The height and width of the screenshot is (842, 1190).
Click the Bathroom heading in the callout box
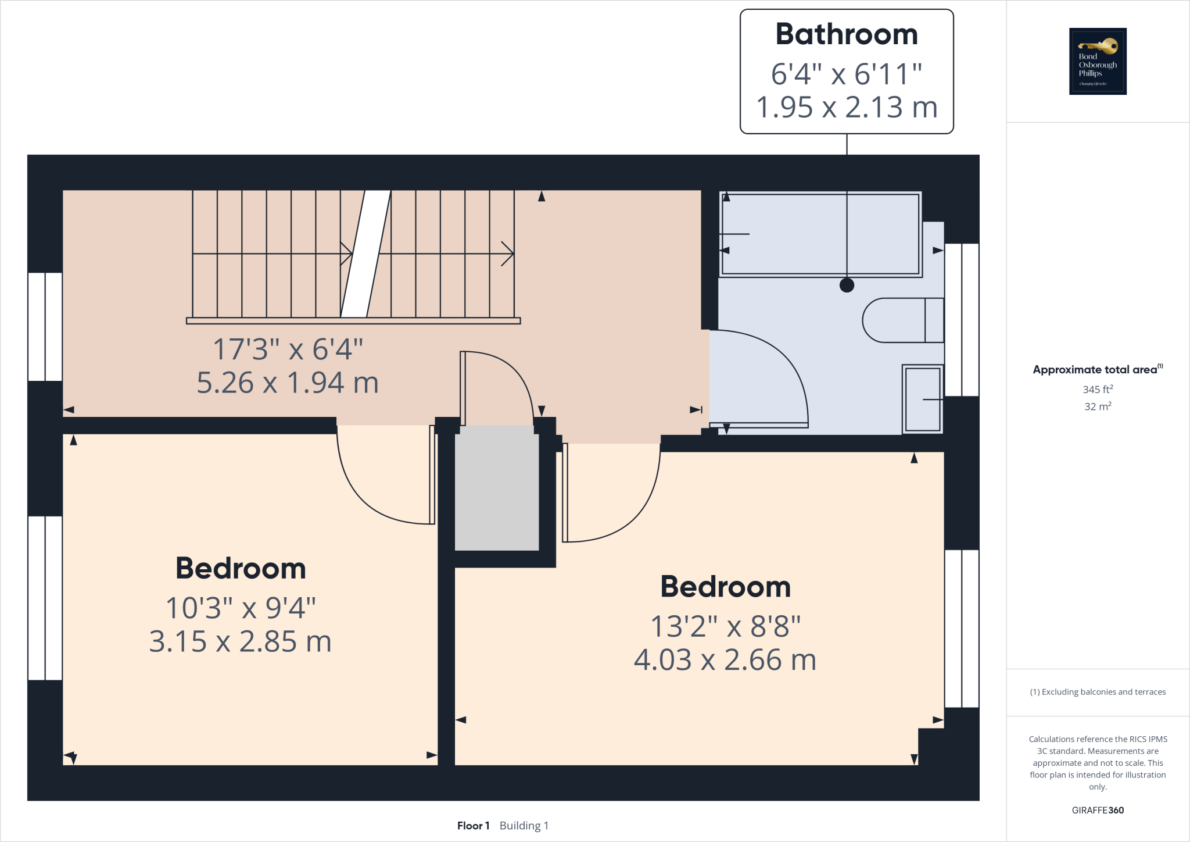pyautogui.click(x=847, y=34)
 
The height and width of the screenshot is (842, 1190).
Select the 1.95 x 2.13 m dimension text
pyautogui.click(x=847, y=108)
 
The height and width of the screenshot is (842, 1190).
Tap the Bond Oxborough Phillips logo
pyautogui.click(x=1098, y=61)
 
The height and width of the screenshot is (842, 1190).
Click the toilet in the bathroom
pyautogui.click(x=902, y=320)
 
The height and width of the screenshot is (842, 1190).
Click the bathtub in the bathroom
pyautogui.click(x=820, y=234)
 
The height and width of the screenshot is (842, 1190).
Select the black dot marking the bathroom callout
pyautogui.click(x=847, y=285)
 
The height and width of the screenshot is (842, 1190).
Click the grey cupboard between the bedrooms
pyautogui.click(x=497, y=488)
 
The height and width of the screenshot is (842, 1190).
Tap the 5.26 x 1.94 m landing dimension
pyautogui.click(x=288, y=383)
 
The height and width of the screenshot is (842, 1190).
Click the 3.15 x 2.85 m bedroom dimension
pyautogui.click(x=240, y=642)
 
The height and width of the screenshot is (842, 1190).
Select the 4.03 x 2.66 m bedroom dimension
pyautogui.click(x=725, y=661)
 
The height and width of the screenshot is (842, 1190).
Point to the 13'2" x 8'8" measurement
pyautogui.click(x=725, y=627)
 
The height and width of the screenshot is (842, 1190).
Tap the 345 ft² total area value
pyautogui.click(x=1097, y=390)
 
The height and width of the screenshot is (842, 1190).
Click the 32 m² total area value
pyautogui.click(x=1097, y=406)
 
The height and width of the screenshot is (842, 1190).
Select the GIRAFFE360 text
pyautogui.click(x=1097, y=810)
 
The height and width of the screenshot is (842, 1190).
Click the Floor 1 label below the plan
pyautogui.click(x=473, y=826)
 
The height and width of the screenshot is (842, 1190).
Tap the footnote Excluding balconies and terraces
pyautogui.click(x=1097, y=692)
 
